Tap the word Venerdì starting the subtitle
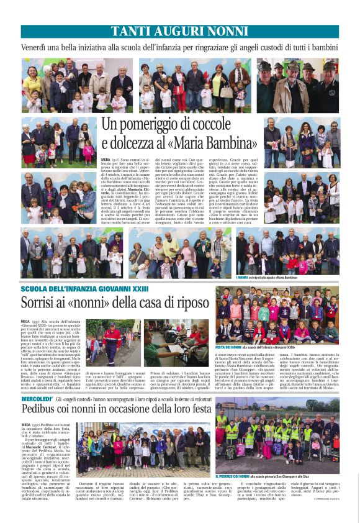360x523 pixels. click(x=37, y=47)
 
